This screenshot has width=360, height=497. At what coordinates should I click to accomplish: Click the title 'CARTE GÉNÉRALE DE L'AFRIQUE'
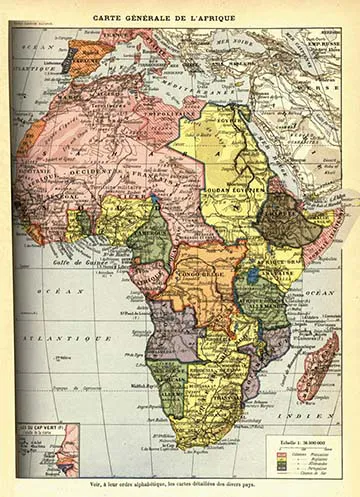click(x=178, y=17)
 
